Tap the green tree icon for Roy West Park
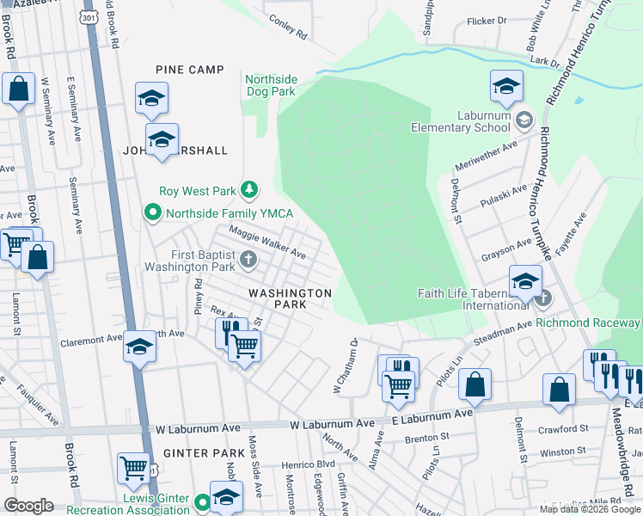pos(248,189)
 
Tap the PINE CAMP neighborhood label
pos(189,70)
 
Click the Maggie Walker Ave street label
pos(266,243)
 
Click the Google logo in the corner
pos(28,506)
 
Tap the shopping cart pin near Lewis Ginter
pos(133,468)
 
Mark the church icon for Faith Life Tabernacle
pos(542,298)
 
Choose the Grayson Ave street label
pos(507,248)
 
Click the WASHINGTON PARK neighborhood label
pos(290,298)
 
